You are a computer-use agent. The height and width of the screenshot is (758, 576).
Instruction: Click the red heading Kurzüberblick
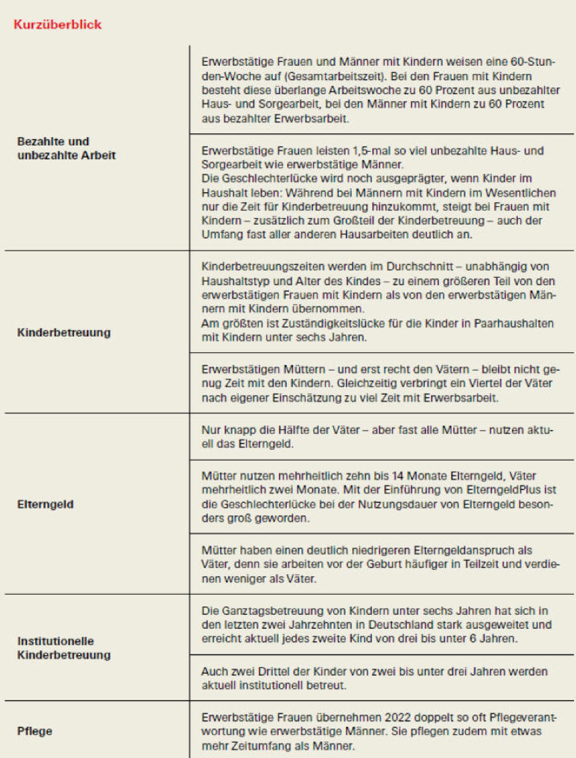click(58, 24)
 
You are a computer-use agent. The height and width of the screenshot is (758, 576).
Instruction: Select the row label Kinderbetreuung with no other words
click(63, 333)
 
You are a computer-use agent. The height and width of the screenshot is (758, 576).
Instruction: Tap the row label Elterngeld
click(45, 504)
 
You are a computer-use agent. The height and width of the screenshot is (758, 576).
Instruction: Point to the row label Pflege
click(35, 731)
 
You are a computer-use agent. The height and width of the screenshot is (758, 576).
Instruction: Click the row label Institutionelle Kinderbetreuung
click(63, 648)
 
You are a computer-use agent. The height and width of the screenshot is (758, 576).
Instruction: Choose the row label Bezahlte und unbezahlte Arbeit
click(66, 148)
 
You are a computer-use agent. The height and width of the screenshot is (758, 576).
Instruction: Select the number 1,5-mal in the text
click(371, 151)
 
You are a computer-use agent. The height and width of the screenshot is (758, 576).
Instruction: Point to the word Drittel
click(273, 671)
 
